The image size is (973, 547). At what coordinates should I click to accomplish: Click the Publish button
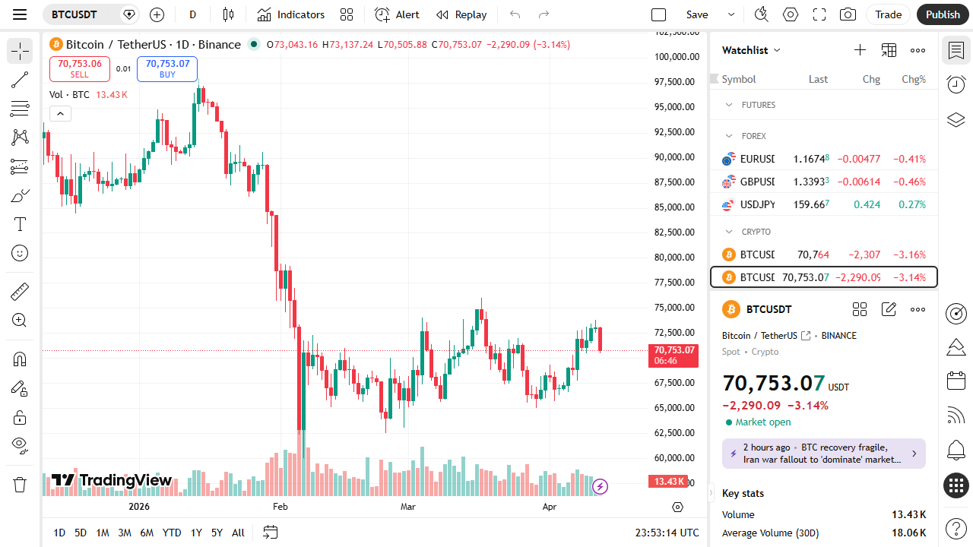pyautogui.click(x=943, y=14)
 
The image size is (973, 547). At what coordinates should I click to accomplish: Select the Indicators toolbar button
pyautogui.click(x=291, y=14)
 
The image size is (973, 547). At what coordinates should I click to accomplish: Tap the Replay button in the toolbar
pyautogui.click(x=461, y=14)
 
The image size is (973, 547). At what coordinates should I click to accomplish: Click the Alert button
pyautogui.click(x=397, y=14)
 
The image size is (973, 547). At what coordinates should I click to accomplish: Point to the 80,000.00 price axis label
pyautogui.click(x=676, y=258)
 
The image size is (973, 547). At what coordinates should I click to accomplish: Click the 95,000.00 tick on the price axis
pyautogui.click(x=676, y=107)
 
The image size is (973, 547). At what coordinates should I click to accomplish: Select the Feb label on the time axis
pyautogui.click(x=280, y=507)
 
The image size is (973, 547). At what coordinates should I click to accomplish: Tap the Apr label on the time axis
pyautogui.click(x=550, y=507)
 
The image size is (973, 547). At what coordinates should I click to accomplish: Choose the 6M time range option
pyautogui.click(x=147, y=533)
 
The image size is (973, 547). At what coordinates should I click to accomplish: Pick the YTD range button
pyautogui.click(x=172, y=533)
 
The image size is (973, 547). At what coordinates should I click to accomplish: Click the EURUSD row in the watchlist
pyautogui.click(x=823, y=160)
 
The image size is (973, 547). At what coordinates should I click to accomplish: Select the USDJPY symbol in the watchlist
pyautogui.click(x=757, y=204)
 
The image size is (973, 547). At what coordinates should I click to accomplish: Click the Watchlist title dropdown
pyautogui.click(x=751, y=50)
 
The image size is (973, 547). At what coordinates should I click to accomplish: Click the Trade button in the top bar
pyautogui.click(x=888, y=14)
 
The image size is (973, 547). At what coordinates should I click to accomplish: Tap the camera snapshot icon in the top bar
pyautogui.click(x=848, y=14)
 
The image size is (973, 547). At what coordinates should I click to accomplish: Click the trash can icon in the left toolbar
pyautogui.click(x=20, y=484)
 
